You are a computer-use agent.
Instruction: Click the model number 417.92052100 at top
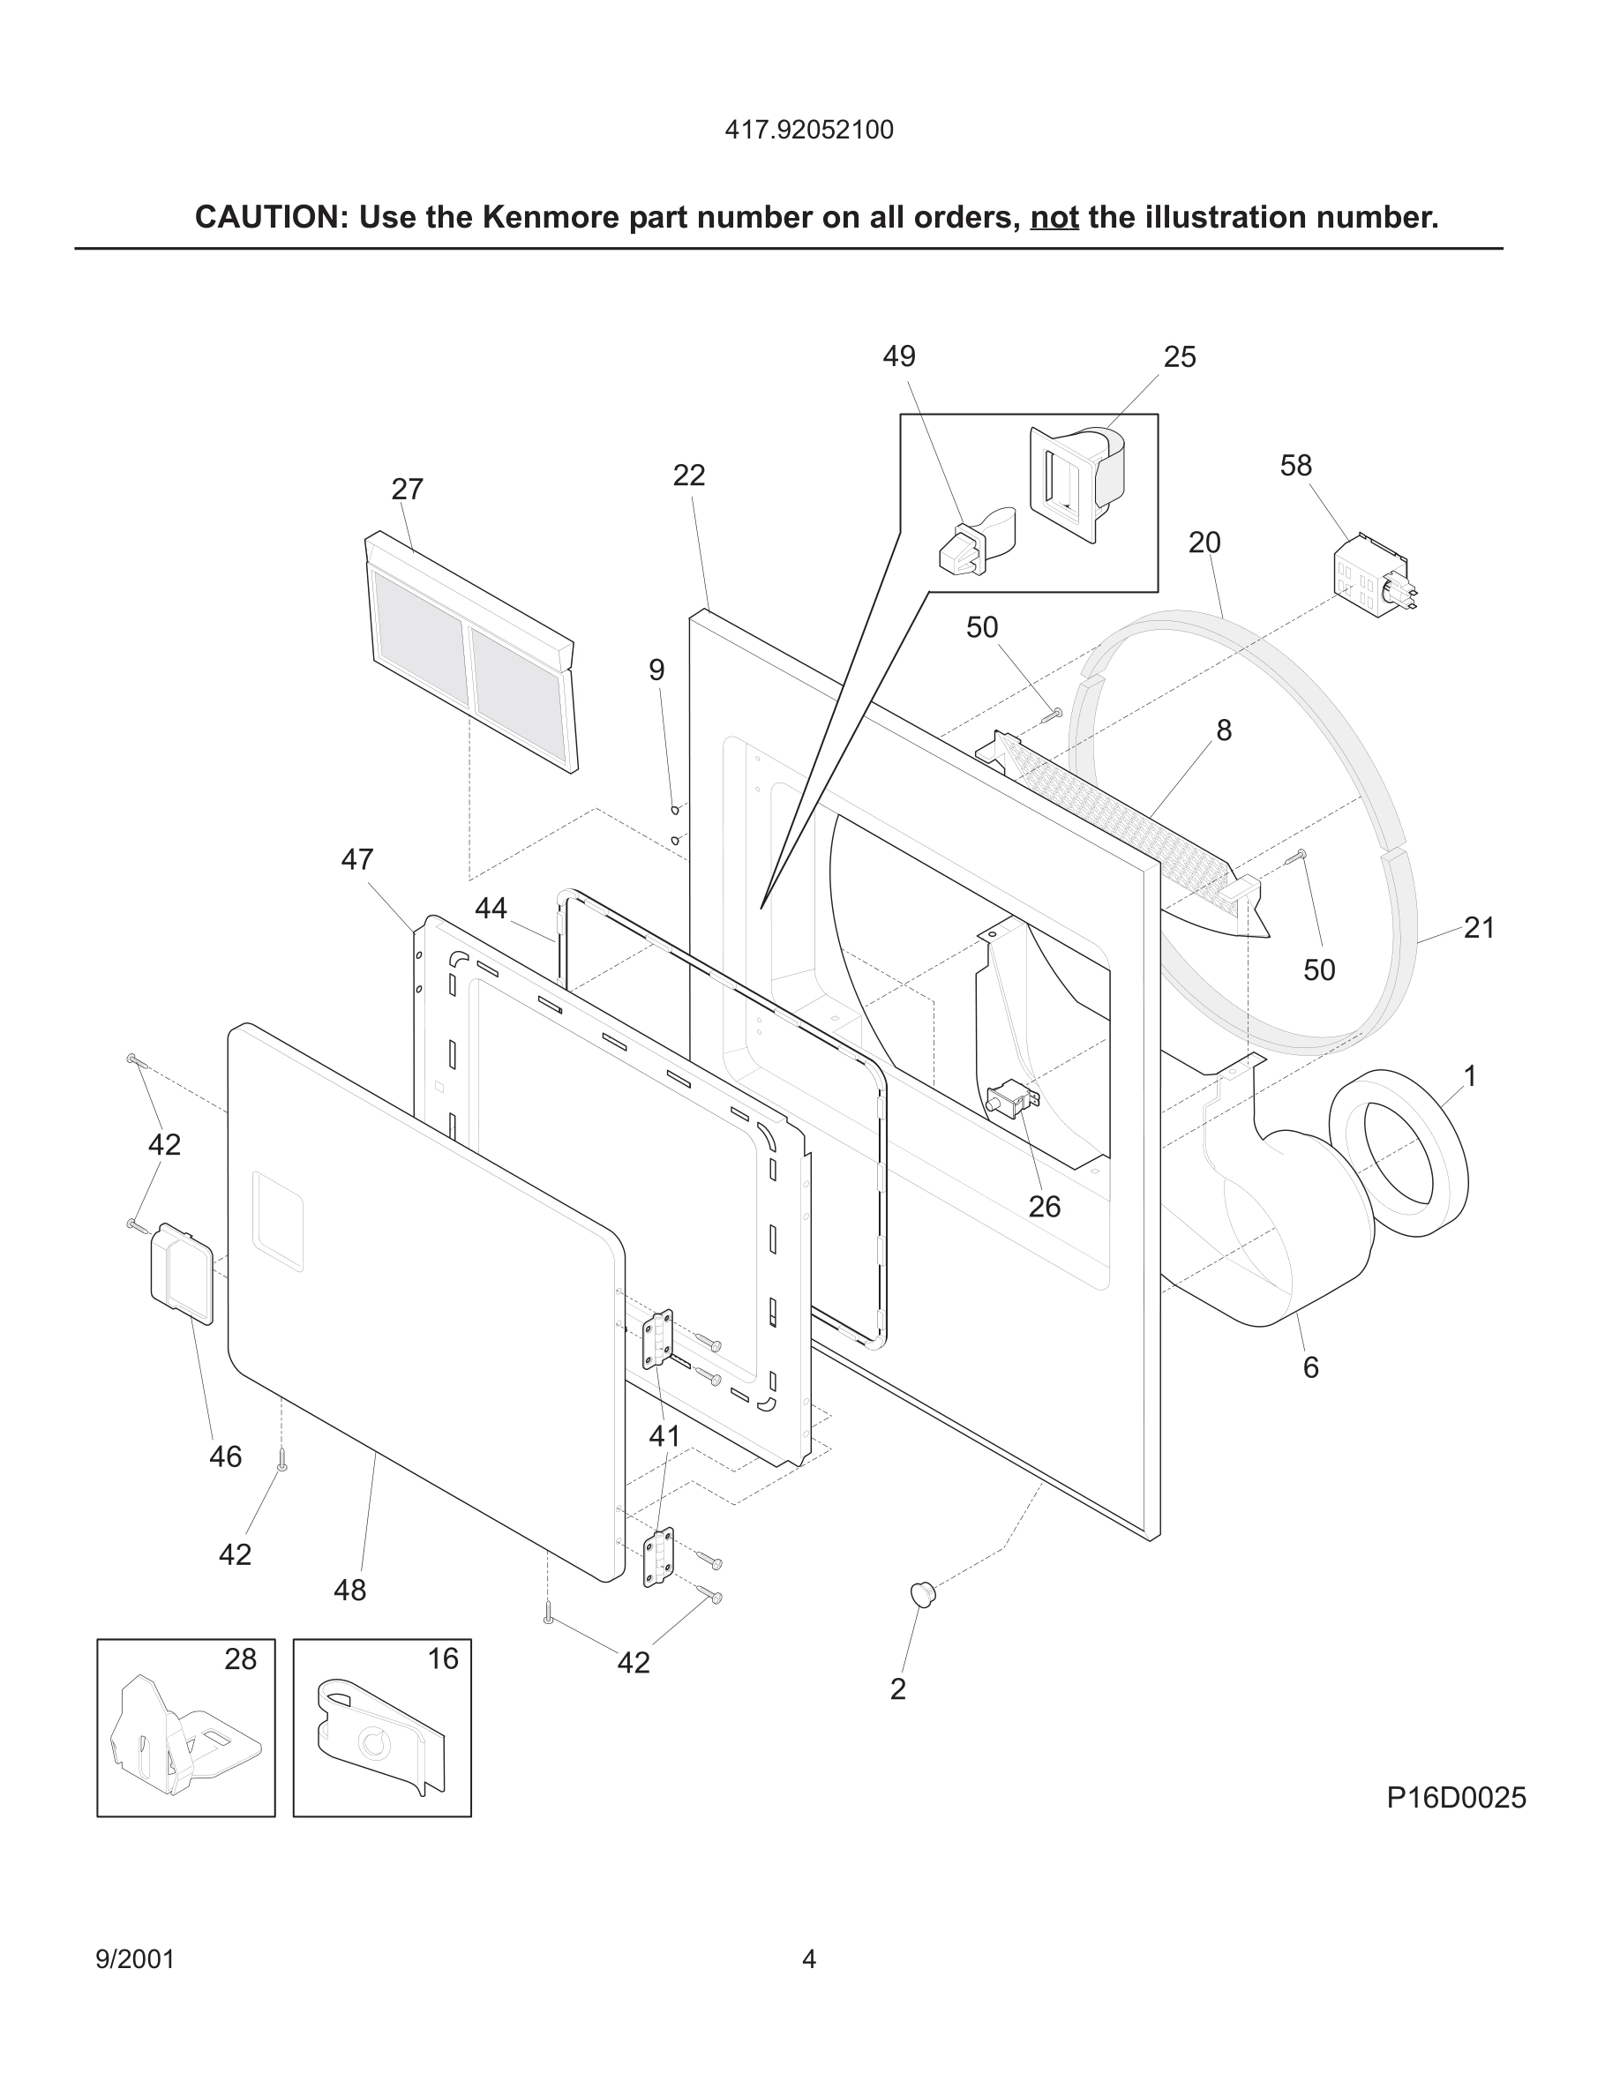point(808,130)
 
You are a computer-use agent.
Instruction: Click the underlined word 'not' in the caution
point(1054,218)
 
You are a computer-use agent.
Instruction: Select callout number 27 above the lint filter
point(407,490)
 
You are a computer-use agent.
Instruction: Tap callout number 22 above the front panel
point(688,475)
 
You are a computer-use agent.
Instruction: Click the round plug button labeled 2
point(921,1594)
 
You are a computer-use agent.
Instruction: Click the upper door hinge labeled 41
point(657,1340)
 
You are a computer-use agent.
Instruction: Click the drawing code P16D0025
point(1455,1798)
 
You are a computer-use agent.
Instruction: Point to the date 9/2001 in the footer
point(135,1958)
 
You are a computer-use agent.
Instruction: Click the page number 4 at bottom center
point(808,1958)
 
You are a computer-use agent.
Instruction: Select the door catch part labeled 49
point(971,544)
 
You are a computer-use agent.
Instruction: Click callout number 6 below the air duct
point(1310,1367)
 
